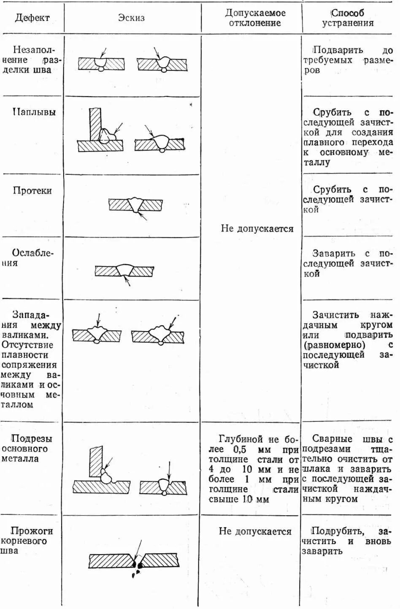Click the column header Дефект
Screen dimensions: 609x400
32,18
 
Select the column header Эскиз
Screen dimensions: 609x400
131,18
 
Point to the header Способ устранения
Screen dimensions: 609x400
348,18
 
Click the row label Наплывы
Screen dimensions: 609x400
34,112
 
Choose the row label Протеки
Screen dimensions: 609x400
32,190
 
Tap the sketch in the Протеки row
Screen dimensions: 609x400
136,205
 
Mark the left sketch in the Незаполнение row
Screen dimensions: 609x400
101,64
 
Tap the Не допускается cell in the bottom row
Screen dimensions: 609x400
255,531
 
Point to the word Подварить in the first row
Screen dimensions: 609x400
338,50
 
